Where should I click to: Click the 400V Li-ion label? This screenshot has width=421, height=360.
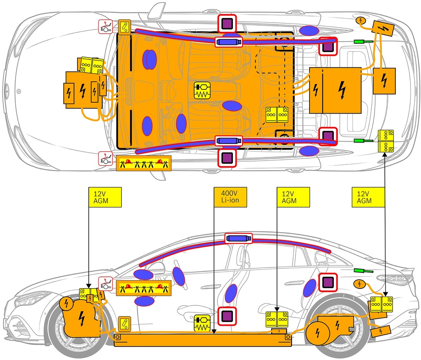tap(229, 197)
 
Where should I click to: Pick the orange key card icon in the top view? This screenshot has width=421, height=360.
tap(125, 27)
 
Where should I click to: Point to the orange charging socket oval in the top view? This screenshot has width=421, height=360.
tap(362, 20)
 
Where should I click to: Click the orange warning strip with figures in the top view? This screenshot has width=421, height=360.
tap(143, 164)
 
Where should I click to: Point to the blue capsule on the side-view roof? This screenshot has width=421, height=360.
tap(238, 238)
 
